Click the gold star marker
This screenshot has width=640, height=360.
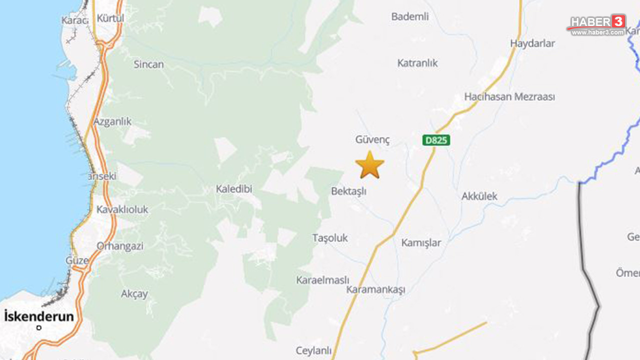click(370, 165)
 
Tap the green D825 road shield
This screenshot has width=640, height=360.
click(436, 140)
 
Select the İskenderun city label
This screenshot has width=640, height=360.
click(39, 316)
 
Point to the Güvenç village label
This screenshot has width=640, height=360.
click(372, 139)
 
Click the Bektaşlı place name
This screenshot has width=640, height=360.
click(349, 191)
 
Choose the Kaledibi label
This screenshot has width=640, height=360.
click(234, 189)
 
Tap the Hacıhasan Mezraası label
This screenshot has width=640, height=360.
click(509, 96)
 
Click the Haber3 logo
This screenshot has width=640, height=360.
click(597, 24)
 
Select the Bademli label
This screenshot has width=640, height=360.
click(410, 16)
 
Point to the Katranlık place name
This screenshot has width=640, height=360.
click(417, 63)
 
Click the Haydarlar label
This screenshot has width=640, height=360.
click(532, 43)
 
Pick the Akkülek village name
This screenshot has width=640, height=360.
click(479, 196)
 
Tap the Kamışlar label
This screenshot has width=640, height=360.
click(421, 243)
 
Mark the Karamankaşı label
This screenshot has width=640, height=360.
click(375, 289)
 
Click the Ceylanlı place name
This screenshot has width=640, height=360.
click(314, 351)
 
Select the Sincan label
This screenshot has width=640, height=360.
click(149, 64)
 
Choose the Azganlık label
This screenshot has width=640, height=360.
click(112, 121)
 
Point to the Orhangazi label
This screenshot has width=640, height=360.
click(120, 246)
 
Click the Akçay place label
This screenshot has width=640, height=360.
click(134, 294)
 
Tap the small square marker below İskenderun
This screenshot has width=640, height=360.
click(39, 328)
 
